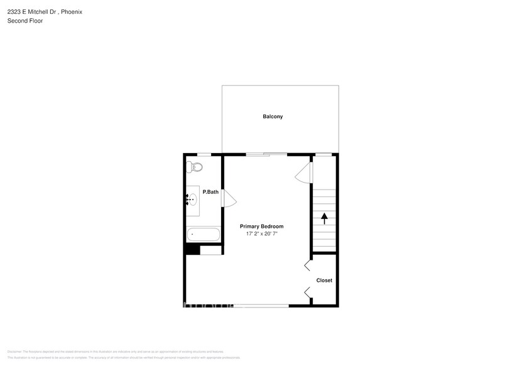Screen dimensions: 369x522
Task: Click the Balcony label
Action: pyautogui.click(x=273, y=117)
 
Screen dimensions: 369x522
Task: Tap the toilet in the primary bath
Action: pyautogui.click(x=193, y=167)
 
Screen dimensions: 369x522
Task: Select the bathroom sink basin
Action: pyautogui.click(x=193, y=200)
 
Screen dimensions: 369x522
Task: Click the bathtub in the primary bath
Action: pyautogui.click(x=204, y=235)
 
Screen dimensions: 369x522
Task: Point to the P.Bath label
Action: pyautogui.click(x=210, y=192)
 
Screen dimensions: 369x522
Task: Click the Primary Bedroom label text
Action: pyautogui.click(x=261, y=226)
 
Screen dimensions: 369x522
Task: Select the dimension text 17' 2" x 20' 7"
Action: pyautogui.click(x=261, y=233)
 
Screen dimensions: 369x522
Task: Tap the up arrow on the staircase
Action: pyautogui.click(x=324, y=218)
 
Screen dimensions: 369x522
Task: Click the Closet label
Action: pyautogui.click(x=324, y=280)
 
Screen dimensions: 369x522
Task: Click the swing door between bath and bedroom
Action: pyautogui.click(x=229, y=200)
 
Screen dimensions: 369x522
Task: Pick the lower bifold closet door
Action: pyautogui.click(x=307, y=291)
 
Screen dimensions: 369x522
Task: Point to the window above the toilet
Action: pyautogui.click(x=204, y=154)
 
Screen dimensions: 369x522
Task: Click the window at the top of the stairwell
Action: pyautogui.click(x=324, y=154)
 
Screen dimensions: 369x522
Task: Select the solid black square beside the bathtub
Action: pyautogui.click(x=192, y=250)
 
